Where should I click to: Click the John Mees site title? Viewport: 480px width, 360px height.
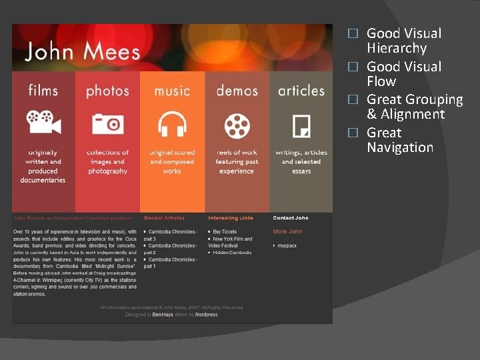[83, 51]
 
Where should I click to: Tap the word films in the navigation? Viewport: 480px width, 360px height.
[43, 90]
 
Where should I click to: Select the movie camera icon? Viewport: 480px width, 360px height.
[43, 123]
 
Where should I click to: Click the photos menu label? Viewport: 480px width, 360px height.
[107, 91]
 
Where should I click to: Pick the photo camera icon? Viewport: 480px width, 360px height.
[107, 124]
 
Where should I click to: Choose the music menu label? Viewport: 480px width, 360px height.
[172, 91]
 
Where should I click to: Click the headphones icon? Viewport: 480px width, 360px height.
[172, 124]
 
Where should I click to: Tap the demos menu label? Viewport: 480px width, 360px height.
[237, 91]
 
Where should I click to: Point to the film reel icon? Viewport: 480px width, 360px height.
[237, 124]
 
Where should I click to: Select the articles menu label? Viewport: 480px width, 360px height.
[301, 91]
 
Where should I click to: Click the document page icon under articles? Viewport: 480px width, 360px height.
[301, 125]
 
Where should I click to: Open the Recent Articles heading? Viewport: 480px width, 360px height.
[164, 218]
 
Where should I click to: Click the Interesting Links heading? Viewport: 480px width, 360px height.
[231, 218]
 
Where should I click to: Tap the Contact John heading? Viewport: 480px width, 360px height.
[291, 218]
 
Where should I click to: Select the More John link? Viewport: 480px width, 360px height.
[287, 232]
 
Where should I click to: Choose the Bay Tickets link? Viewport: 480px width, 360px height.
[225, 232]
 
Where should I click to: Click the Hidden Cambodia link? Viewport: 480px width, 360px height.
[232, 253]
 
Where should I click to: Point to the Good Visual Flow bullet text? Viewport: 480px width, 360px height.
[404, 74]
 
